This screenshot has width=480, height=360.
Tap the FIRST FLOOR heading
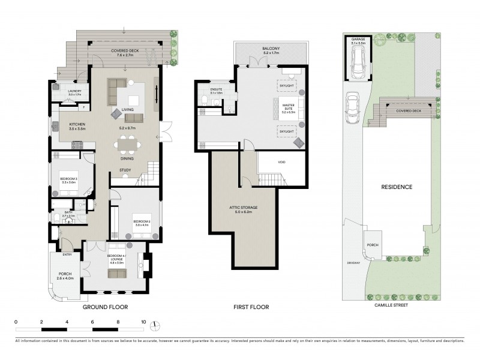click(x=251, y=307)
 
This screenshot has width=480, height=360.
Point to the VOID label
click(x=281, y=162)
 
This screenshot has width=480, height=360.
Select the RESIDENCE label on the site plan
click(x=397, y=187)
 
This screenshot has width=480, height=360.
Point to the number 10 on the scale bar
click(x=143, y=322)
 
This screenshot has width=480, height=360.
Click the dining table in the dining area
click(x=127, y=143)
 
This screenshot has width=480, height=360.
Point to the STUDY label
click(x=125, y=170)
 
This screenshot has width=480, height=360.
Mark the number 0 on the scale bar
click(x=16, y=322)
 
